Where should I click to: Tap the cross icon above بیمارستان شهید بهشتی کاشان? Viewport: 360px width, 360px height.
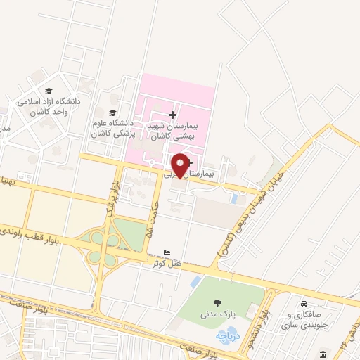click(174, 115)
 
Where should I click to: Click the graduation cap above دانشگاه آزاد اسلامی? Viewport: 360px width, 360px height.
click(49, 91)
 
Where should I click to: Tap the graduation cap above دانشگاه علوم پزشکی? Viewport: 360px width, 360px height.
click(112, 112)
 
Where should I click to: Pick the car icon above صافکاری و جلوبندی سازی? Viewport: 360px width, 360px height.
click(303, 304)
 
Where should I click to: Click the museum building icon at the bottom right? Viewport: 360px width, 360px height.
click(323, 353)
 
